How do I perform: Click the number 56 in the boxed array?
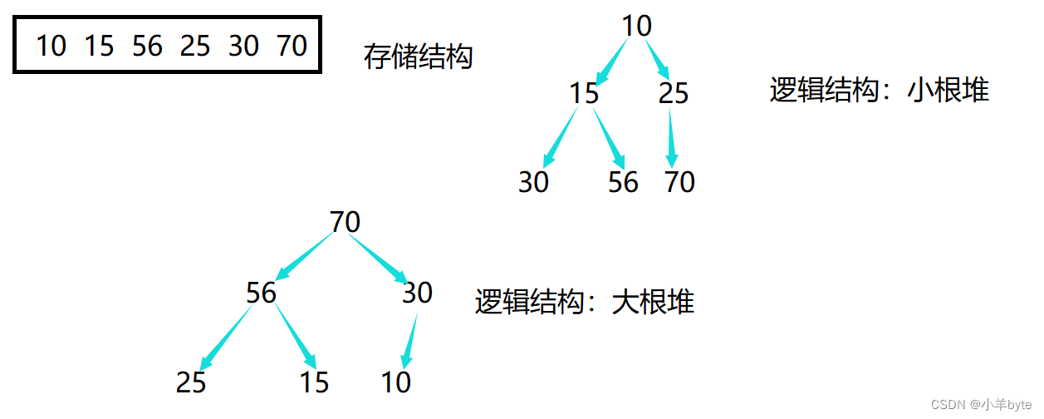coord(147,46)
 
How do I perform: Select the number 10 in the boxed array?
coord(51,46)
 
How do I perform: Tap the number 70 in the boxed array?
coord(292,46)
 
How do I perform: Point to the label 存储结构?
coord(418,57)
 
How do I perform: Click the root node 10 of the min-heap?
coord(636,26)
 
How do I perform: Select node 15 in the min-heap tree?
coord(584,93)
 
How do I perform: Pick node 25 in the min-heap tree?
coord(673,93)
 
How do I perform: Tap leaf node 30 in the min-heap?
coord(533,181)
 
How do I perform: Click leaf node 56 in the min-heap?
coord(623,181)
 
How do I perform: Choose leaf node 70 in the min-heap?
coord(679,181)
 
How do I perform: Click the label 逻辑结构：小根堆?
coord(879,90)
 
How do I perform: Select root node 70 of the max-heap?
coord(345,222)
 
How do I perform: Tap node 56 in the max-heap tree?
coord(261,293)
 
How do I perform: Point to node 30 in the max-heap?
coord(417,293)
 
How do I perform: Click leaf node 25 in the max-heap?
coord(191,382)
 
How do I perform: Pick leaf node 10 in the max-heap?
coord(396,382)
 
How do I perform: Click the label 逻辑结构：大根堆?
coord(584,301)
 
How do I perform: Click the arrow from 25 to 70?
coord(671,137)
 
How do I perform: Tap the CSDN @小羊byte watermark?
coord(981,404)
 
